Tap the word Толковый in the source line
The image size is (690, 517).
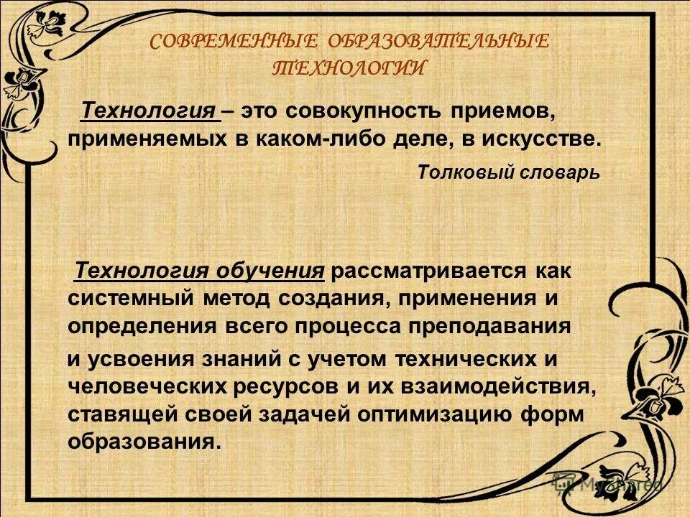(457, 173)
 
